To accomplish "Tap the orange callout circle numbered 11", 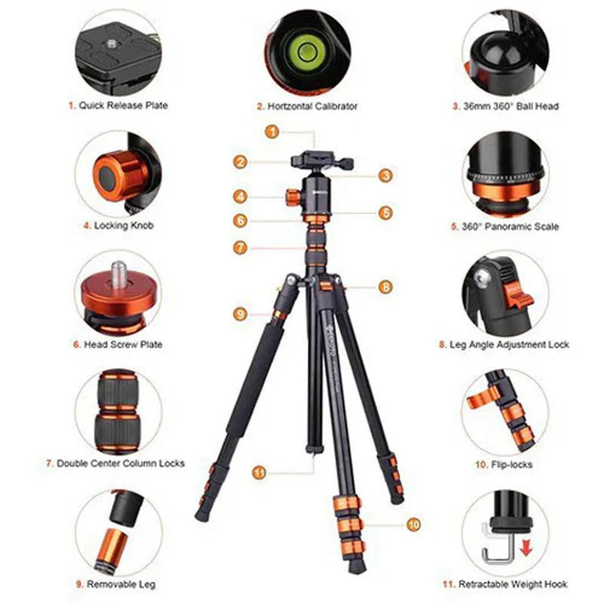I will [x=260, y=473].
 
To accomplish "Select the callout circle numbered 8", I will [x=385, y=287].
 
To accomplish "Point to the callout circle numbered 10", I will [x=413, y=522].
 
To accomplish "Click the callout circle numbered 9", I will [x=240, y=313].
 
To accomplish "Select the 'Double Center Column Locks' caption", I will [x=119, y=463].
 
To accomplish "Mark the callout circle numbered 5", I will [x=386, y=213].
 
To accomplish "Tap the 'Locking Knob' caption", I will [x=119, y=225].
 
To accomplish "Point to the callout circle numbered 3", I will [x=385, y=175].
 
